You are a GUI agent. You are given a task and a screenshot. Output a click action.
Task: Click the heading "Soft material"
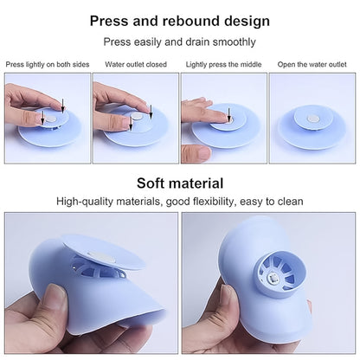180,183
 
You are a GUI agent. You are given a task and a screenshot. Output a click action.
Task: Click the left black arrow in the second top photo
130,122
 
